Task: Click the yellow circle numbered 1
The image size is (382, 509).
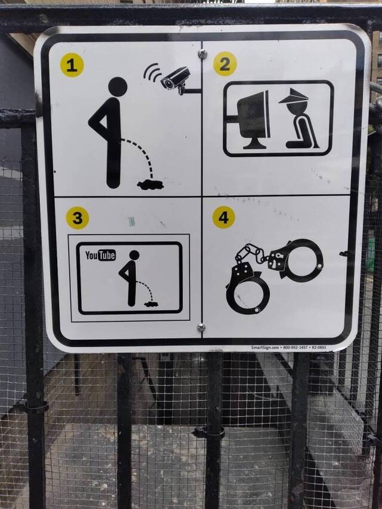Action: [72, 65]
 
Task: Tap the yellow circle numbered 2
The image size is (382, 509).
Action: [224, 64]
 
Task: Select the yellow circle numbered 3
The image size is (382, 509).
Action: [77, 218]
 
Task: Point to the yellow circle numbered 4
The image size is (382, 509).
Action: [223, 218]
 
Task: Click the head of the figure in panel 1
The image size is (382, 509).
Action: [118, 87]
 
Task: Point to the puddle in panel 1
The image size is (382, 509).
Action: [150, 184]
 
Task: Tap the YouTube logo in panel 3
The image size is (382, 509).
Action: [100, 255]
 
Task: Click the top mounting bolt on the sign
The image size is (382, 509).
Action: [202, 54]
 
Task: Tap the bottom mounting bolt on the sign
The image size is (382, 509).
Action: [201, 327]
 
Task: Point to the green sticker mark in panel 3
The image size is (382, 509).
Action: [132, 221]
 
